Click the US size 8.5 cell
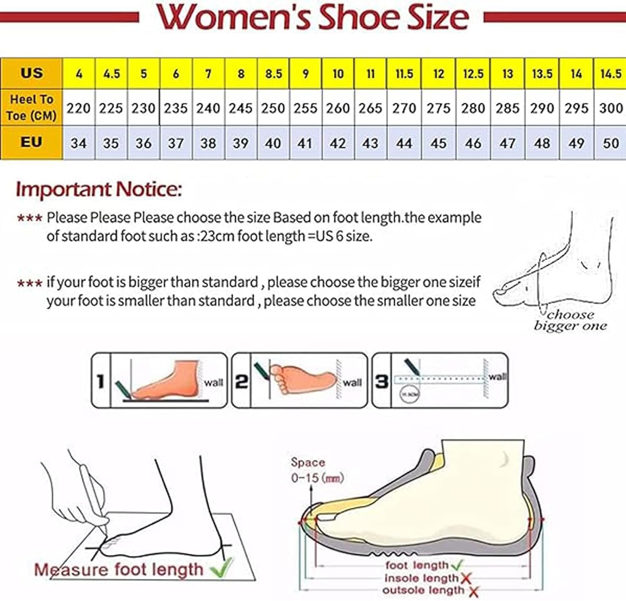pos(273,74)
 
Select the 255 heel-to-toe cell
pos(305,108)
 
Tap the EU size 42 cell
pos(338,143)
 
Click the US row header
pos(31,73)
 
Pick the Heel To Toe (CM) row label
pos(31,108)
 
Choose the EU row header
pos(31,143)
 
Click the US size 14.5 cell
pos(611,74)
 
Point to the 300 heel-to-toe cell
pos(611,108)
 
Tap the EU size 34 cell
pos(78,143)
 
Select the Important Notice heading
pos(99,189)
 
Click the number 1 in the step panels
pos(101,381)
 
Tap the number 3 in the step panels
pos(381,381)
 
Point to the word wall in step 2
pos(352,383)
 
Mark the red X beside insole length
pos(466,578)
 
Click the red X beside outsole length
pos(473,591)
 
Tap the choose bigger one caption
pos(570,320)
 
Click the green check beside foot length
pos(457,565)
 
